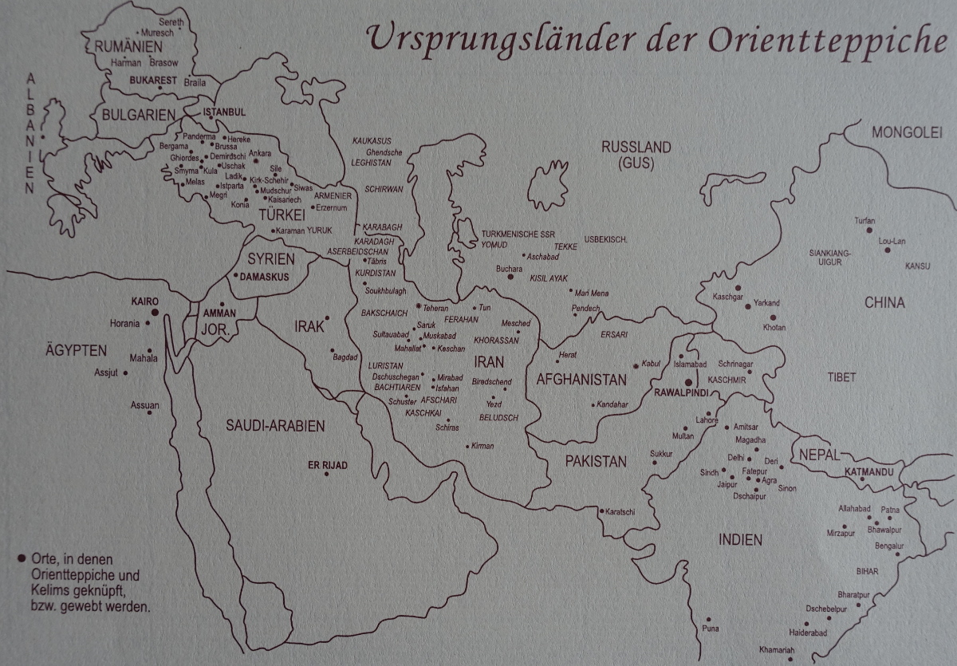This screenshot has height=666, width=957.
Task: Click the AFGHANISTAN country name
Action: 581,380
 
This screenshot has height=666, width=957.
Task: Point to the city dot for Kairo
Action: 154,311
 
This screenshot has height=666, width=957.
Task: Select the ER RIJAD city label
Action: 328,464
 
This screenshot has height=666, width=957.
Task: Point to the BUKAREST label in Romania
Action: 154,81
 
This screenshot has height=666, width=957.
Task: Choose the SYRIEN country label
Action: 270,258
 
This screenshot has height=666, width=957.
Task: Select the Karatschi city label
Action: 620,511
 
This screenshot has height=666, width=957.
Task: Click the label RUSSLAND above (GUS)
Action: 636,148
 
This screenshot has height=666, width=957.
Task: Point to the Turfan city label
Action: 864,220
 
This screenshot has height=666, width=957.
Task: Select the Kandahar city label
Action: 612,404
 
